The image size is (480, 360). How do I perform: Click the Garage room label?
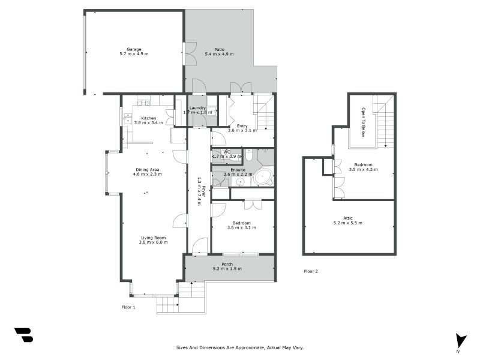133,49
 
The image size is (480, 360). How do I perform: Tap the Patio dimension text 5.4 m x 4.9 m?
219,54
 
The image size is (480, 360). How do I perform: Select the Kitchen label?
149,118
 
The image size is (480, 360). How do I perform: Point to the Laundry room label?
197,107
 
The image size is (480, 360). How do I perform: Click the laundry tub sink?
212,110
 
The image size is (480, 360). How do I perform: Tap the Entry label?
242,125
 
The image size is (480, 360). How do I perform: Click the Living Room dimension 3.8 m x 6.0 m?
153,242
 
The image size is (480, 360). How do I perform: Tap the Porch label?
227,264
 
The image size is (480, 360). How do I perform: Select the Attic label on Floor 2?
348,218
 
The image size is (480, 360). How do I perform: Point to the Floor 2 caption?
311,271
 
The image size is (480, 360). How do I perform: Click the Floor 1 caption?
128,307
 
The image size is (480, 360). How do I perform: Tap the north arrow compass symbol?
460,341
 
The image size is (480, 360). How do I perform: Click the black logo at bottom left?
23,335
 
